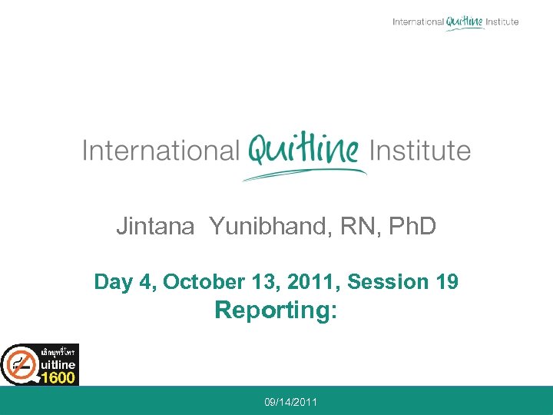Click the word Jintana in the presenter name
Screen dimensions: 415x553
pyautogui.click(x=155, y=226)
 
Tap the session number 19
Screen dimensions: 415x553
pyautogui.click(x=446, y=282)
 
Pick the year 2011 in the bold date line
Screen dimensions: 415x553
pyautogui.click(x=317, y=282)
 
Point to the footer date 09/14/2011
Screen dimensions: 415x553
pyautogui.click(x=291, y=402)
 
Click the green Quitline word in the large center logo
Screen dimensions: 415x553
pyautogui.click(x=304, y=148)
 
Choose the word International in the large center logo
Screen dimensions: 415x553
pyautogui.click(x=161, y=150)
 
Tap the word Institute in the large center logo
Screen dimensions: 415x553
pyautogui.click(x=420, y=150)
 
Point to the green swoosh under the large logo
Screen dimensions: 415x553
pyautogui.click(x=303, y=174)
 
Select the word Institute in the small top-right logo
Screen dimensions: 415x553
pyautogui.click(x=502, y=22)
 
